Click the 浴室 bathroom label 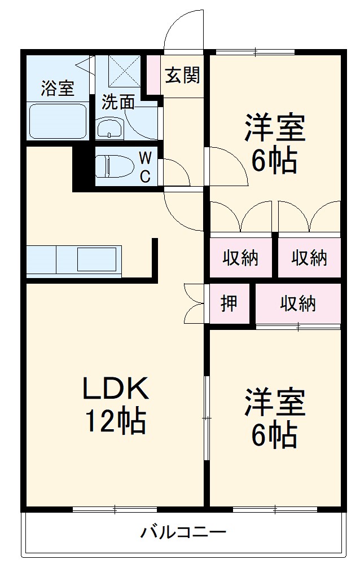pos(58,88)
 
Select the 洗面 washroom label pos(118,102)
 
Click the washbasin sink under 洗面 pos(109,129)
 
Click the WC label pos(144,167)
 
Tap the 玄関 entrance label pos(182,74)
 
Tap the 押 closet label pos(229,304)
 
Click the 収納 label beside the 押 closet pos(298,304)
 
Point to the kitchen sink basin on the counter pos(98,259)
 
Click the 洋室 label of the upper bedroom pos(275,128)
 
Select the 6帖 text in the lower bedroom pos(275,434)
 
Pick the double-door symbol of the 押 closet pos(194,303)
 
